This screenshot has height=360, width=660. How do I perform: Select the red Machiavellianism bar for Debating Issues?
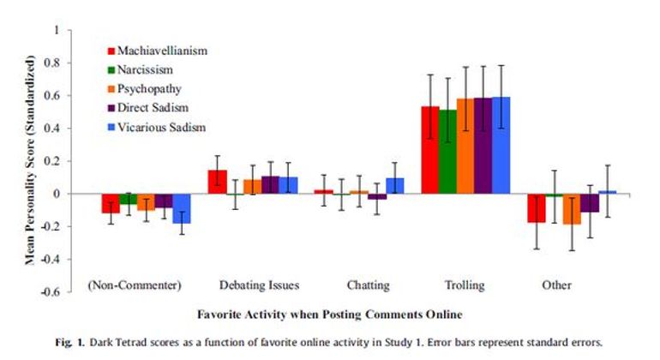pyautogui.click(x=218, y=182)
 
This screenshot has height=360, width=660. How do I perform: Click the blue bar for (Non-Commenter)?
pyautogui.click(x=181, y=208)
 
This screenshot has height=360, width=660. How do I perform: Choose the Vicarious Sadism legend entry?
pyautogui.click(x=160, y=128)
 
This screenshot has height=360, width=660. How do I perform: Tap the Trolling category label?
pyautogui.click(x=465, y=285)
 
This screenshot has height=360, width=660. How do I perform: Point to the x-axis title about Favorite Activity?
pyautogui.click(x=325, y=314)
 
